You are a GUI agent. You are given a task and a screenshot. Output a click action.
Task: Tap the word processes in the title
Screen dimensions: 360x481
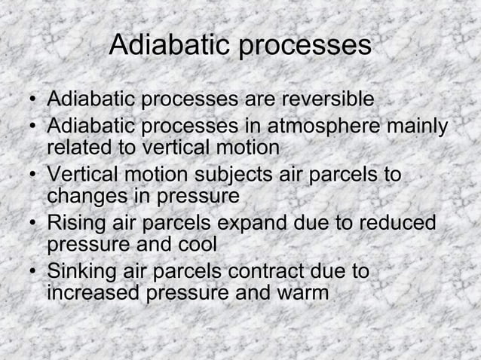coord(305,46)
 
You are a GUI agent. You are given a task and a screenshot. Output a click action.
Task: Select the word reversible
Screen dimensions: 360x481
coord(326,99)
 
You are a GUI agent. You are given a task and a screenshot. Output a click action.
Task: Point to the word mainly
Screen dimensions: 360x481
coord(419,126)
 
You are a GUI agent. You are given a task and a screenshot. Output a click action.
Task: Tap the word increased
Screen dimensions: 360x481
coord(93,294)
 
